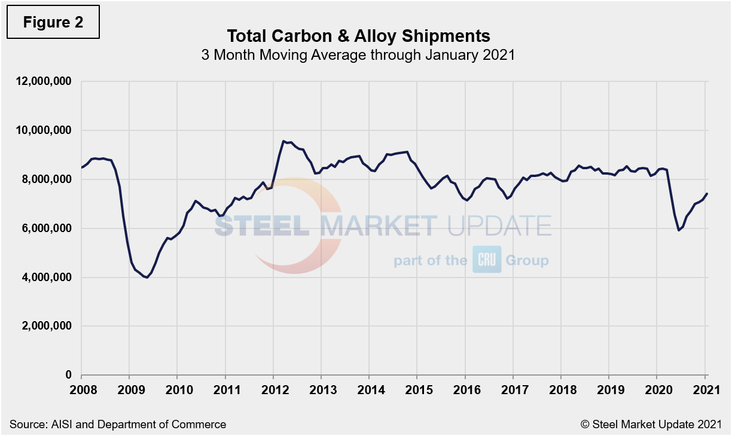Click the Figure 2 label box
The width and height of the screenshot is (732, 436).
[53, 22]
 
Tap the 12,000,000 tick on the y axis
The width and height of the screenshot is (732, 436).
[45, 81]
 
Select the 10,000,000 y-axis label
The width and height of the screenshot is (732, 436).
[45, 130]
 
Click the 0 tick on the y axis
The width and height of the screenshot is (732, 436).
[68, 376]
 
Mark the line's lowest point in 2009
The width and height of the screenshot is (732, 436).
[147, 278]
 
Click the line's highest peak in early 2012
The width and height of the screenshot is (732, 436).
[283, 141]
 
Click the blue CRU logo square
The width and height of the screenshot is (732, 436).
[487, 260]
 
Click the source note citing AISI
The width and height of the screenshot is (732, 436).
[118, 424]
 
